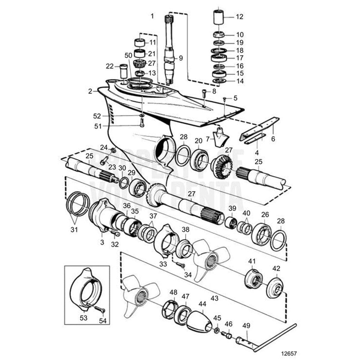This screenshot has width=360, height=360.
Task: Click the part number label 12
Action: [240, 17]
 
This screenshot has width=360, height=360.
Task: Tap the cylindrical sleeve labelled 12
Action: [219, 18]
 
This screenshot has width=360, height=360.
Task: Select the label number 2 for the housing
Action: [90, 91]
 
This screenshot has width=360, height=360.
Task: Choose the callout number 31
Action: [74, 230]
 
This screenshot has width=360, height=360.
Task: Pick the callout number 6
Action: [273, 139]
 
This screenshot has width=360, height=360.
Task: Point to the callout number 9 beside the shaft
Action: [181, 58]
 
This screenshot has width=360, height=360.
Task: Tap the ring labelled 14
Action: [219, 81]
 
